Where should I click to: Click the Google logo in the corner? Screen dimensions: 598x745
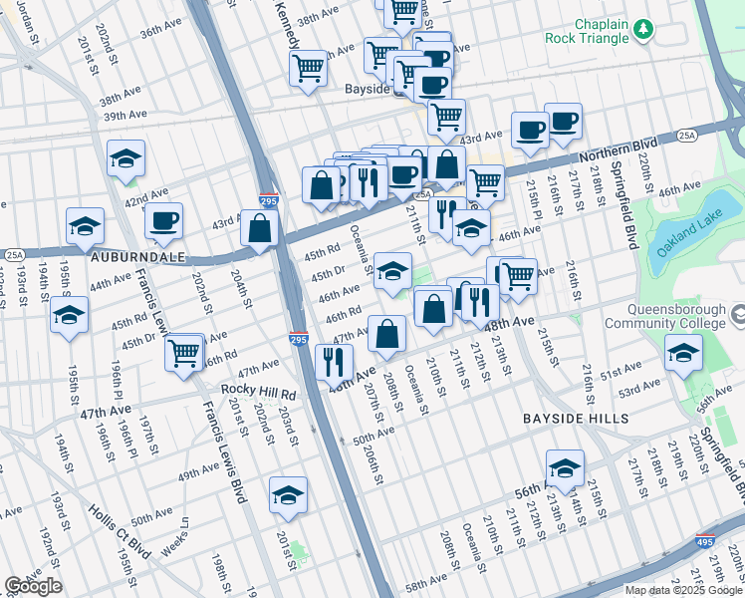click(x=32, y=586)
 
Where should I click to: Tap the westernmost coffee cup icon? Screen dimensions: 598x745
click(x=163, y=221)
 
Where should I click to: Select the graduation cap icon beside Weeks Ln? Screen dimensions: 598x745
click(x=288, y=495)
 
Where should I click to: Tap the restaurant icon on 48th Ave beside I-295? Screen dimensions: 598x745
click(x=334, y=363)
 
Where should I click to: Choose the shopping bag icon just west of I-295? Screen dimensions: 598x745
click(x=259, y=227)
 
